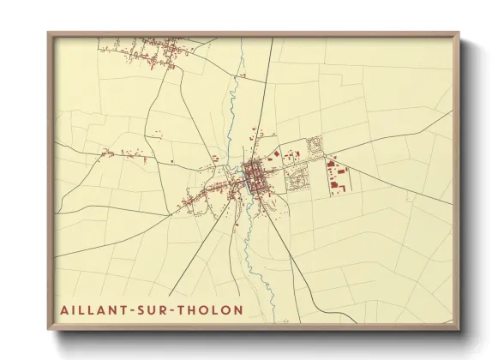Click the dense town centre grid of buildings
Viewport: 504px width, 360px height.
tap(255, 177)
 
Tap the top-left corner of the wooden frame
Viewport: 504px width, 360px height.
tap(50, 35)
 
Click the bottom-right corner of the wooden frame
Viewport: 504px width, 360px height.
tap(457, 327)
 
